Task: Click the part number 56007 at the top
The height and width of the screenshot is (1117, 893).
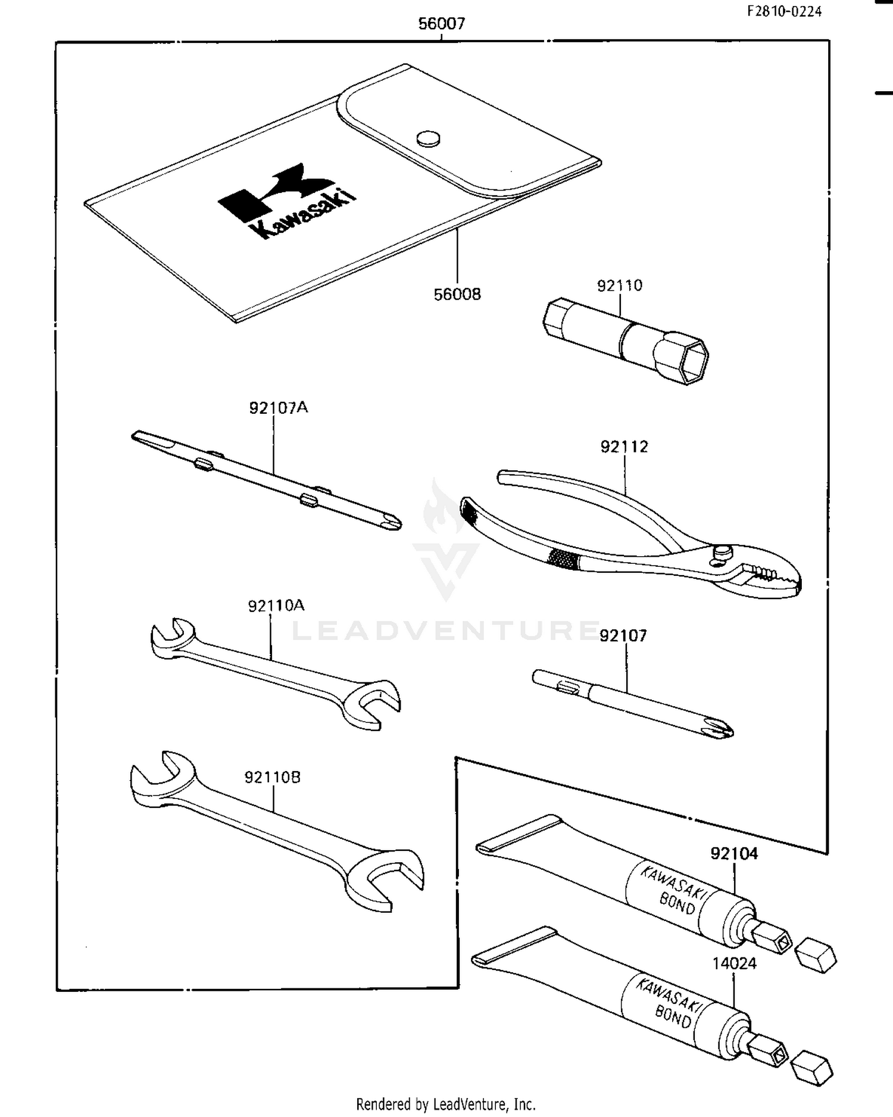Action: (x=441, y=24)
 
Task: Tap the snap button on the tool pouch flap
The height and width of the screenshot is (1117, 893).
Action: (x=428, y=139)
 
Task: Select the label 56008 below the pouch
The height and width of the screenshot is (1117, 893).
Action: (x=457, y=294)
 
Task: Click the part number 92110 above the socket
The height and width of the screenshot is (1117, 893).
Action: (x=620, y=286)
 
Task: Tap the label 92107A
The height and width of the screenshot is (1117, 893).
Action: (x=278, y=408)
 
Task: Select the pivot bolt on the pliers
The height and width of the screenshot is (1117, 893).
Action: (x=722, y=551)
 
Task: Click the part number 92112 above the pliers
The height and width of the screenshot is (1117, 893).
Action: (x=624, y=447)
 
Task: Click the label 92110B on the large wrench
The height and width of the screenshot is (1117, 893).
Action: (x=272, y=778)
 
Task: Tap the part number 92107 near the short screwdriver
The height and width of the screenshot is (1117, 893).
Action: (x=623, y=636)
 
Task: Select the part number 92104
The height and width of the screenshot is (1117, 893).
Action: (x=734, y=854)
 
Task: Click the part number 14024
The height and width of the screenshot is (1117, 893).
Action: (x=734, y=963)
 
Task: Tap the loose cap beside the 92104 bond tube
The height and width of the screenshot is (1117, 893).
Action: (x=816, y=955)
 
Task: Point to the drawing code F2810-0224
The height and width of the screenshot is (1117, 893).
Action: (x=785, y=11)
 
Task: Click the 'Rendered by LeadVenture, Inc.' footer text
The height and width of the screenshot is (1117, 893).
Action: (x=445, y=1104)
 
